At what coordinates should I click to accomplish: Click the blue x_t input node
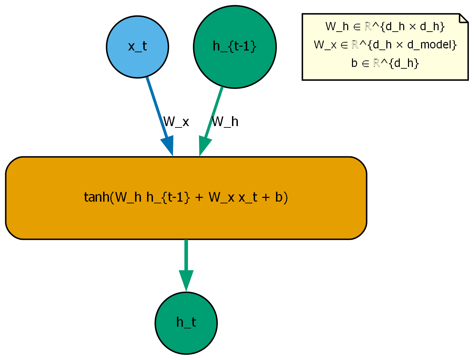coord(137,47)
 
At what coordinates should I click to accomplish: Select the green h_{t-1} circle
coord(235,47)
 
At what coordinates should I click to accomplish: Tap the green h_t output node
coord(186,323)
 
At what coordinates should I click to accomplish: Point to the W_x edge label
coord(176,122)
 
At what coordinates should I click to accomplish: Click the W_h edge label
coord(225,122)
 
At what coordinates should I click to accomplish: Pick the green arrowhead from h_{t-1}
coord(203,147)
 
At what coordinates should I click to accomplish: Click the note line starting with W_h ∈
coord(385,26)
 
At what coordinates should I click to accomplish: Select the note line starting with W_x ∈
coord(385,45)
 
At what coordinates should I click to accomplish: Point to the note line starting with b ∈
coord(385,63)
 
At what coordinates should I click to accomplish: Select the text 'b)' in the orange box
coord(281,198)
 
